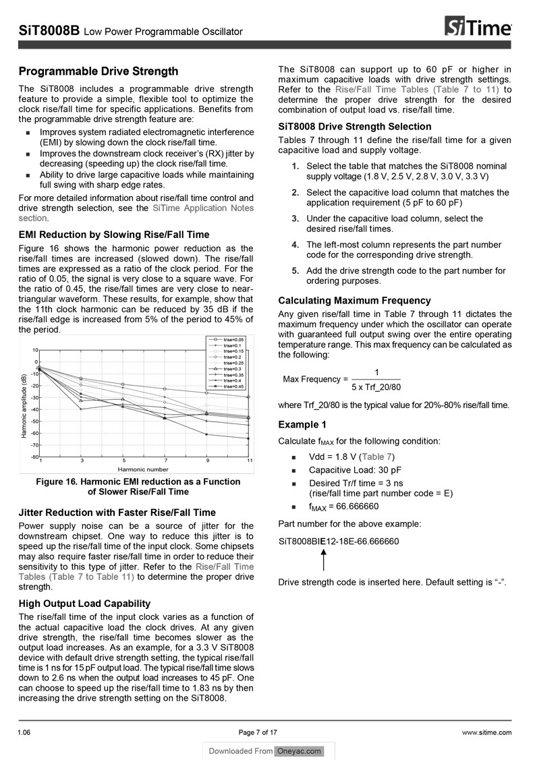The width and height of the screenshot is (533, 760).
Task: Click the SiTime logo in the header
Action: click(478, 28)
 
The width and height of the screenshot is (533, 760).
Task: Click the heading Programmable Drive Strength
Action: click(99, 71)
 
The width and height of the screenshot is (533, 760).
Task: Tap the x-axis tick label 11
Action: click(250, 461)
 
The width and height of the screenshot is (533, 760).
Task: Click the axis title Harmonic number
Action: click(143, 469)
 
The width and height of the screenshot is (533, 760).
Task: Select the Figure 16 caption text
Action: click(138, 487)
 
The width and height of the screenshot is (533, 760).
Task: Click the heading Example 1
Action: click(302, 424)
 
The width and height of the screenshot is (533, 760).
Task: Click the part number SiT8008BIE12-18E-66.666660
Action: click(338, 542)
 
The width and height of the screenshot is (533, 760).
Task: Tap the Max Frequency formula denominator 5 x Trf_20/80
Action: click(376, 387)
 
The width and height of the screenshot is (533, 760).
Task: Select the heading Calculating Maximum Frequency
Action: click(354, 301)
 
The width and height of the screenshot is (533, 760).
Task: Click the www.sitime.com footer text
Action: click(486, 732)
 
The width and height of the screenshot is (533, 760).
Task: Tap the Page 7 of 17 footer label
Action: click(258, 732)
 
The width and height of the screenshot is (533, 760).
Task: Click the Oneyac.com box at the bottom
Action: click(299, 751)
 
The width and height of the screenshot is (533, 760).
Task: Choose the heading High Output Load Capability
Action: click(84, 604)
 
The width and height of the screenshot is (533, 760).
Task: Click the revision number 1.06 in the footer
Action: click(26, 732)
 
